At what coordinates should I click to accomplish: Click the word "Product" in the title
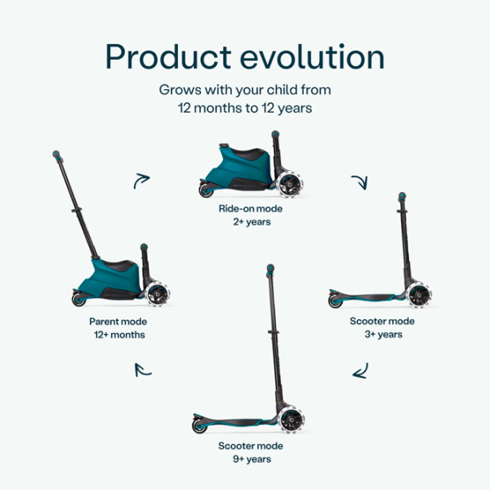pyautogui.click(x=167, y=57)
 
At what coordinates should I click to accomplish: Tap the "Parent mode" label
pyautogui.click(x=118, y=322)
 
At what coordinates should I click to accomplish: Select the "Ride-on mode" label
pyautogui.click(x=245, y=209)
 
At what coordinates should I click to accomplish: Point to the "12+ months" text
pyautogui.click(x=118, y=335)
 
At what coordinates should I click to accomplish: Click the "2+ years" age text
pyautogui.click(x=245, y=222)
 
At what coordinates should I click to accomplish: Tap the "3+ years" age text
pyautogui.click(x=378, y=335)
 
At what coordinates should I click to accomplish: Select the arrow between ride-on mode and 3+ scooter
pyautogui.click(x=359, y=180)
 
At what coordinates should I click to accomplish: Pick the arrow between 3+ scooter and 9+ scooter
pyautogui.click(x=359, y=372)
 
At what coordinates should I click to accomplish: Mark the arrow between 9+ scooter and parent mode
pyautogui.click(x=143, y=369)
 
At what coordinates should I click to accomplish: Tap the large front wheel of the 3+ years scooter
pyautogui.click(x=418, y=296)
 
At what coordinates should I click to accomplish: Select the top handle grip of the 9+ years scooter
pyautogui.click(x=269, y=269)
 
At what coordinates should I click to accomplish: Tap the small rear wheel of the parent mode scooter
pyautogui.click(x=79, y=301)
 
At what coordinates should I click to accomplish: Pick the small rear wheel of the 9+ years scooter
pyautogui.click(x=198, y=426)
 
